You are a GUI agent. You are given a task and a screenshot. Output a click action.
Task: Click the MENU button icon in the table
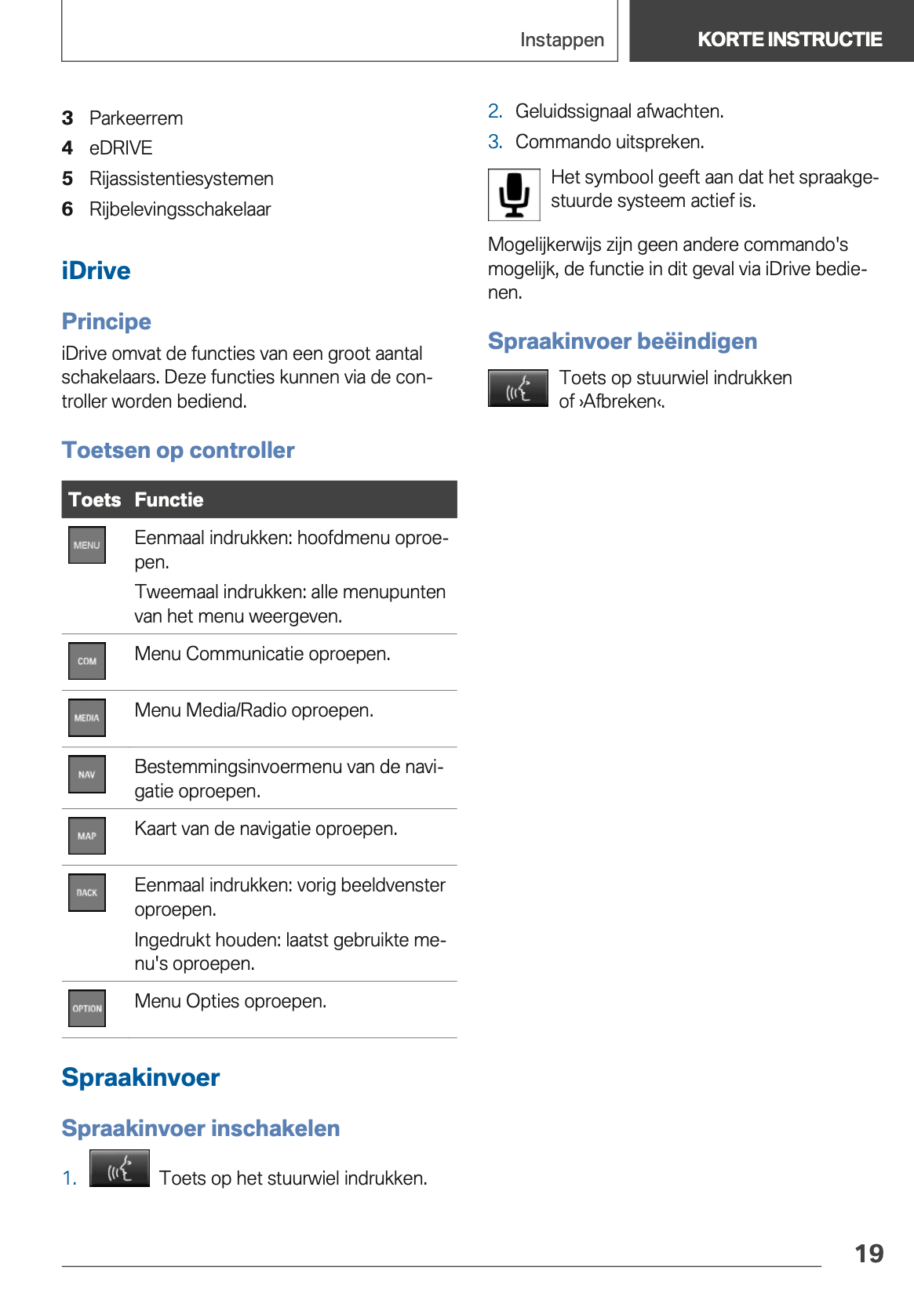click(x=87, y=545)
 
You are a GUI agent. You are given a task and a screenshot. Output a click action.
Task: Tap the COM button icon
click(x=87, y=661)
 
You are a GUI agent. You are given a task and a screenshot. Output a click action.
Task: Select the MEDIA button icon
click(x=87, y=717)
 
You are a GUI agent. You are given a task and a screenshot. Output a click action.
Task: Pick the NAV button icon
click(x=87, y=775)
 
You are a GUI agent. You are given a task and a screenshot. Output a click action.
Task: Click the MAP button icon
click(x=87, y=836)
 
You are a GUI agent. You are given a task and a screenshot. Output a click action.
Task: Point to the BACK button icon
click(x=87, y=892)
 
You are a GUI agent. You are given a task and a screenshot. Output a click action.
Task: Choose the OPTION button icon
click(x=87, y=1008)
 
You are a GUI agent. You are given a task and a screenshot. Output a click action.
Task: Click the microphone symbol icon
click(x=514, y=194)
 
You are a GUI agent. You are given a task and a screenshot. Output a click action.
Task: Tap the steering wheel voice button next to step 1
click(x=119, y=1168)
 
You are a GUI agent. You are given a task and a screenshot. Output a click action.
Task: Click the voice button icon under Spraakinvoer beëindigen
click(x=518, y=388)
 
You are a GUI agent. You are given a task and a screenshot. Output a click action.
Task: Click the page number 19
click(x=868, y=1254)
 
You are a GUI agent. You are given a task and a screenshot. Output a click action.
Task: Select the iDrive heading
click(x=96, y=270)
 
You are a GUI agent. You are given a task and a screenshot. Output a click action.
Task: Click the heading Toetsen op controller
click(x=178, y=450)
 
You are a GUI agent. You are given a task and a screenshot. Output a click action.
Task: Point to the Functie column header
click(x=169, y=499)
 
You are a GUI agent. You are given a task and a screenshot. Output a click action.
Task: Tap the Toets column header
click(x=94, y=499)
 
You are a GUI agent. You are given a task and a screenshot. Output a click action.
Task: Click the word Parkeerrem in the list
click(x=136, y=118)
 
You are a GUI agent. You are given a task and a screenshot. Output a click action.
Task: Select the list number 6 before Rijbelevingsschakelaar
click(x=67, y=209)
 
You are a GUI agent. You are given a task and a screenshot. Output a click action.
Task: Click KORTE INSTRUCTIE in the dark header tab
click(x=789, y=39)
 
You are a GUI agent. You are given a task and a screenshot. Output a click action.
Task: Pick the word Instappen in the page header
click(x=562, y=40)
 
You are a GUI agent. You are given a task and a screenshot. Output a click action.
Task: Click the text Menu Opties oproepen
click(x=230, y=1001)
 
